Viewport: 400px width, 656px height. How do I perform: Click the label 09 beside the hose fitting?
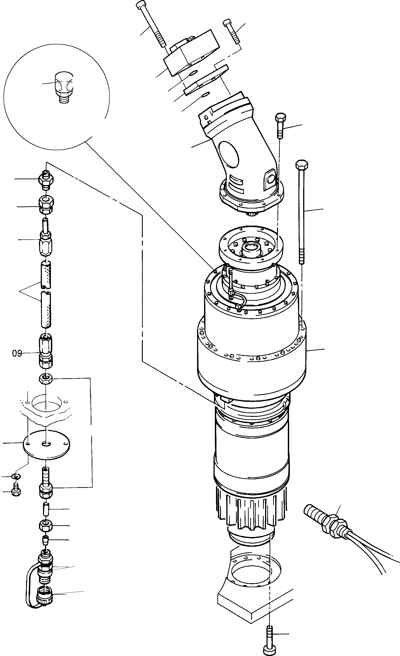[x=17, y=353]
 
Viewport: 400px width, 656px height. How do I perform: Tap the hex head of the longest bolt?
[x=302, y=165]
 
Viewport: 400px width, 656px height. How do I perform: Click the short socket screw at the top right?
[x=232, y=31]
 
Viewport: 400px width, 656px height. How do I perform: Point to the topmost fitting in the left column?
[x=46, y=179]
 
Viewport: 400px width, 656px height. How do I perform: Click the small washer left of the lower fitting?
[x=16, y=476]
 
